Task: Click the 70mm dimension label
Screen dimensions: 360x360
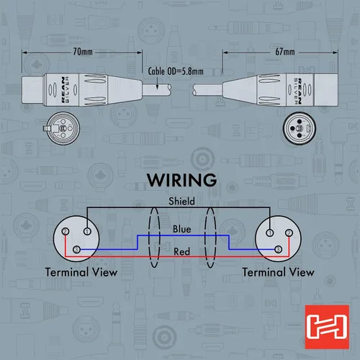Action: pos(83,52)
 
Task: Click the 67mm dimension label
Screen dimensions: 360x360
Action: pos(285,52)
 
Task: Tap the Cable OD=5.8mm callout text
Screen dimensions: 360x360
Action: pos(176,71)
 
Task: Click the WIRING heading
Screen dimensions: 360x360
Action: pos(182,180)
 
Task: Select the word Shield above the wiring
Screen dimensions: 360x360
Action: pos(181,201)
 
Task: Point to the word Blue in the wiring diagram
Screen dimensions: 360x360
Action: pos(182,229)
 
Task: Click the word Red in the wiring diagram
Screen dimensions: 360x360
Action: pos(181,252)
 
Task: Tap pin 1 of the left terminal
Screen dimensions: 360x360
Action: pos(87,231)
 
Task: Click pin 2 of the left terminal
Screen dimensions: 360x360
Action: pos(66,232)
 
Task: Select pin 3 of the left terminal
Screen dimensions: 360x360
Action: pos(76,250)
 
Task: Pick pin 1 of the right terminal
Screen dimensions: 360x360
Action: pos(270,233)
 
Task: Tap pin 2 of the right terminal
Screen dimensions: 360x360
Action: pos(289,233)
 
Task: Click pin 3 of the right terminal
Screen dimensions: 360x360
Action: pos(278,250)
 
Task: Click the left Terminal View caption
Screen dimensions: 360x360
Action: pos(81,272)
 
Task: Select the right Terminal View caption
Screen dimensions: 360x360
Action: pos(279,272)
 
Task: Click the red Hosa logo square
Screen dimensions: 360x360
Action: pos(327,327)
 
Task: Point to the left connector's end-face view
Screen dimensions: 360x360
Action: pos(62,128)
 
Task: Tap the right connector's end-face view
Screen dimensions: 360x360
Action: pos(299,128)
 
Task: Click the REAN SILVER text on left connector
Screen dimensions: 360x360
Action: pos(65,90)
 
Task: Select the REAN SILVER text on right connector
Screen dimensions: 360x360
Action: pos(298,91)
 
